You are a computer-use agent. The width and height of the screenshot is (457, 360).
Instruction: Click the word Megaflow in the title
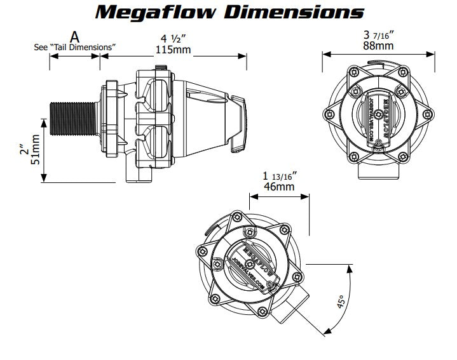[x=159, y=12]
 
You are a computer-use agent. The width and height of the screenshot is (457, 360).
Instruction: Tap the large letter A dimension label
[x=75, y=36]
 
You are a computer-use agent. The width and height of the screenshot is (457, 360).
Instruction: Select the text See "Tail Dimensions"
[x=75, y=47]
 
